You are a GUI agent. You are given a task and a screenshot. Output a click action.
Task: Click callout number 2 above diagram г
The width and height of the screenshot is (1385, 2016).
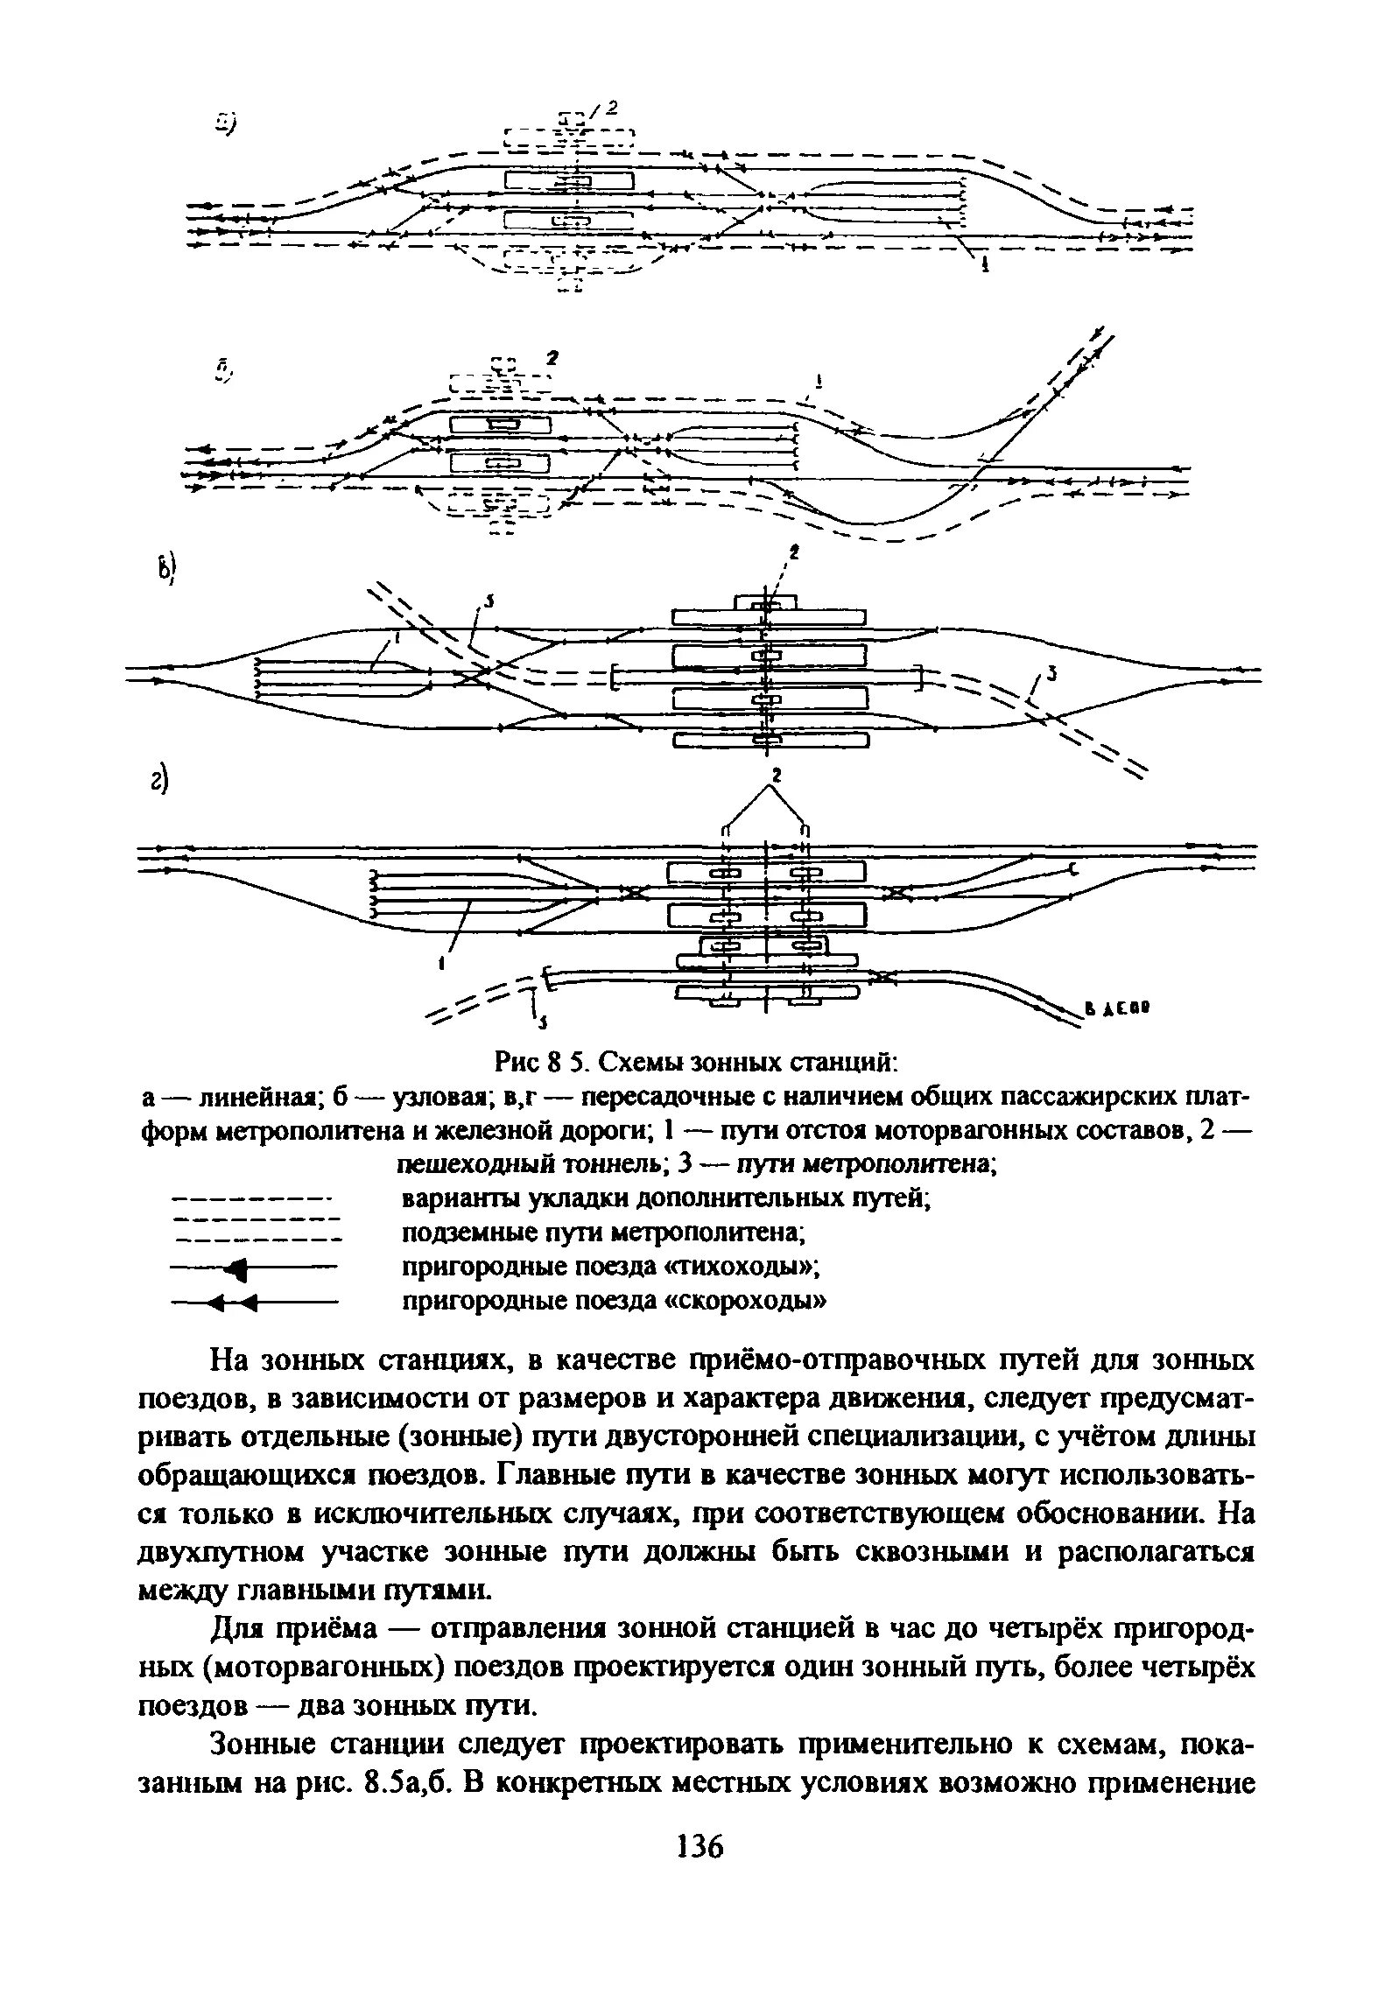[x=774, y=776]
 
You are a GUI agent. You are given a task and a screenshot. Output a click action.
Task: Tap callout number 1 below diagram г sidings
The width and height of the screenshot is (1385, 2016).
[x=442, y=965]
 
